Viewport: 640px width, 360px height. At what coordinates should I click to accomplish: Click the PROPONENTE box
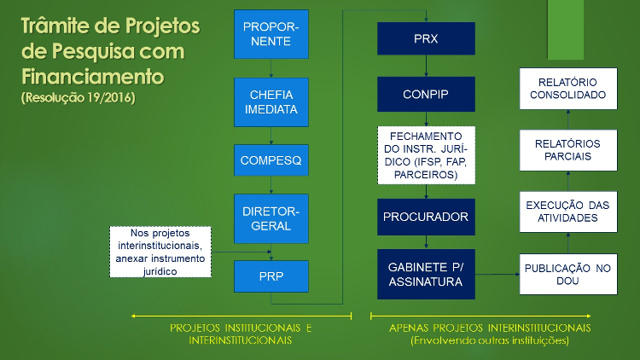tap(271, 34)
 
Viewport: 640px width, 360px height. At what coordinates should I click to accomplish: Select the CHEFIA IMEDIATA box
tap(271, 102)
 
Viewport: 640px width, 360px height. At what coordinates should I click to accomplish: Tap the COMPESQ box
tap(271, 160)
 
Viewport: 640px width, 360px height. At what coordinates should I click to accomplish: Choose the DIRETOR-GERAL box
tap(271, 218)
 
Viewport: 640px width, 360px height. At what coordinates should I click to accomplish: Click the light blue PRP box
tap(271, 276)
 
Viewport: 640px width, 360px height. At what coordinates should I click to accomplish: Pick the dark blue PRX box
tap(426, 38)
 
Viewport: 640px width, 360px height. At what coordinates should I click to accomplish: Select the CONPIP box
tap(426, 95)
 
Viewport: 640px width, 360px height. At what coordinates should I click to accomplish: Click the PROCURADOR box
tap(426, 217)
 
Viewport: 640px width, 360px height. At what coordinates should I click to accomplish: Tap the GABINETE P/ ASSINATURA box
tap(426, 275)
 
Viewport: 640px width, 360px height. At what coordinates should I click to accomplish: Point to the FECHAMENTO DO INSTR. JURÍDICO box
tap(426, 155)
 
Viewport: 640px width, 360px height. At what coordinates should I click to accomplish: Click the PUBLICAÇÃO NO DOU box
tap(568, 275)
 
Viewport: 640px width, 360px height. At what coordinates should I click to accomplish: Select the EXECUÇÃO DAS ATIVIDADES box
tap(568, 212)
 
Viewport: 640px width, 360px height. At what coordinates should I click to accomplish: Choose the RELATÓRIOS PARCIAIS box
tap(568, 150)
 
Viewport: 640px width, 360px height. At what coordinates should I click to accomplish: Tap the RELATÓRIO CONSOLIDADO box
tap(568, 89)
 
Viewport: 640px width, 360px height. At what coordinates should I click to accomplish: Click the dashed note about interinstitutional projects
tap(160, 252)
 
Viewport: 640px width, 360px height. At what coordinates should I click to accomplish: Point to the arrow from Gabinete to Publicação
tap(497, 275)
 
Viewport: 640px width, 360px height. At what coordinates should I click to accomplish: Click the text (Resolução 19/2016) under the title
tap(79, 98)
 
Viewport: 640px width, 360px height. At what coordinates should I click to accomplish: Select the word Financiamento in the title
tap(93, 77)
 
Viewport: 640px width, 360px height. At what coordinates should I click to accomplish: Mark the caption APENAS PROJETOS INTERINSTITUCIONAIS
tap(490, 328)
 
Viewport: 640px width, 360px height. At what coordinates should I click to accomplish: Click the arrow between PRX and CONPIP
tap(426, 66)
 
